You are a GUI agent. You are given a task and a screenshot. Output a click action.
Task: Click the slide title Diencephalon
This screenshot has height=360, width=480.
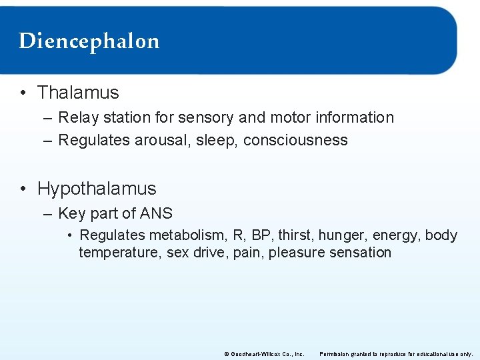89,41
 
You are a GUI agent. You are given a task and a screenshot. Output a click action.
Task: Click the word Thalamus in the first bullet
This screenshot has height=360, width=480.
78,93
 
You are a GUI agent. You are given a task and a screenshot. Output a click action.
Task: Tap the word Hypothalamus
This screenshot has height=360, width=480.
97,189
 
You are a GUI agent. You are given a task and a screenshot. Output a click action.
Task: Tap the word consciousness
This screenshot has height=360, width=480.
295,140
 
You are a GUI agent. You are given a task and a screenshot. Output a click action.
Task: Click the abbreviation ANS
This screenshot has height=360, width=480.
157,213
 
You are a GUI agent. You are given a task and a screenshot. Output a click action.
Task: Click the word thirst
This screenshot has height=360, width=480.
295,235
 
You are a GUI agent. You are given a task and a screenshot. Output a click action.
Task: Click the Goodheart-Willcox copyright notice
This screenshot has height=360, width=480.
265,353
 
